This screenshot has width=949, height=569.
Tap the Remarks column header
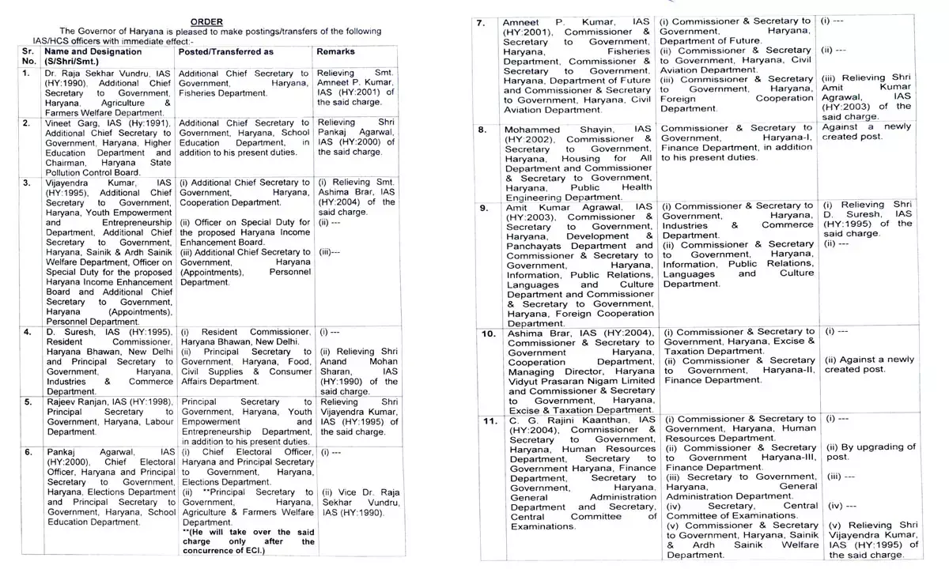click(335, 51)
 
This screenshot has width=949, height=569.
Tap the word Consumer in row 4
click(287, 371)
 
